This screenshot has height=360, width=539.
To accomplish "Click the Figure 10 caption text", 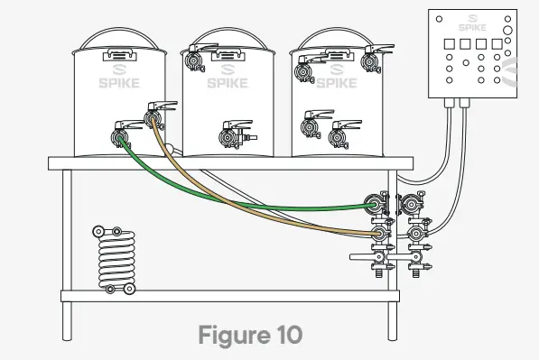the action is click(x=250, y=335).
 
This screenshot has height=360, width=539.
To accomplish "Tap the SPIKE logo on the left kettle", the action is click(x=119, y=77).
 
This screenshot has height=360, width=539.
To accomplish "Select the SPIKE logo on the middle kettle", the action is click(x=228, y=77).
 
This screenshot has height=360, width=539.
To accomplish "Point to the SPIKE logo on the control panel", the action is click(x=472, y=23).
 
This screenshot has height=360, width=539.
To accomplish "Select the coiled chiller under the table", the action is click(x=116, y=260).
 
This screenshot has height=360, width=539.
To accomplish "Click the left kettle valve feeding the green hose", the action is click(x=124, y=134).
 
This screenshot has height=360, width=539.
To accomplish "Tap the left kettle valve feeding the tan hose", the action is click(x=159, y=115).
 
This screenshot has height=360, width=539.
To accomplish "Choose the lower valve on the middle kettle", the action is click(x=236, y=134).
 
